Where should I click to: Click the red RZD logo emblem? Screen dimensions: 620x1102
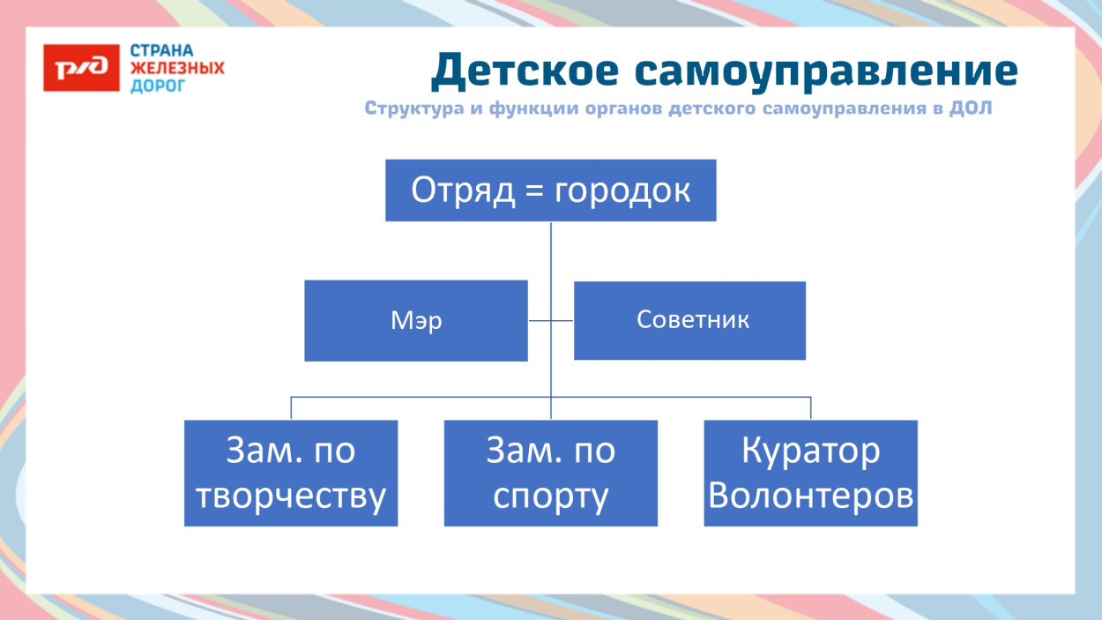point(81,68)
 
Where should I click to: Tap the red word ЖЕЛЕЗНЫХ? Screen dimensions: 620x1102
point(177,68)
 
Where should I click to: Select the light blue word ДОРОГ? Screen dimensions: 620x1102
point(158,86)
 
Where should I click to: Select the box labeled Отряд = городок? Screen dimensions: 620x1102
point(550,190)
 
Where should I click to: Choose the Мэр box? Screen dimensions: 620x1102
point(415,321)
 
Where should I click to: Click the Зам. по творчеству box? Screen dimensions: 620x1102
point(291,474)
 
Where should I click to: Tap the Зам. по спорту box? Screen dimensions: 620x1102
point(550,474)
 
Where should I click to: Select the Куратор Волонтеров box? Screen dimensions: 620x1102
point(810,474)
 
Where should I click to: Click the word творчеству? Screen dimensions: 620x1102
point(291,497)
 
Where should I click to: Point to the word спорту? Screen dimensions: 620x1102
point(550,497)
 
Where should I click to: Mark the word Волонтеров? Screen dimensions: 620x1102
point(810,497)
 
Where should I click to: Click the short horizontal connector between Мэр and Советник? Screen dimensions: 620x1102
point(551,321)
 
